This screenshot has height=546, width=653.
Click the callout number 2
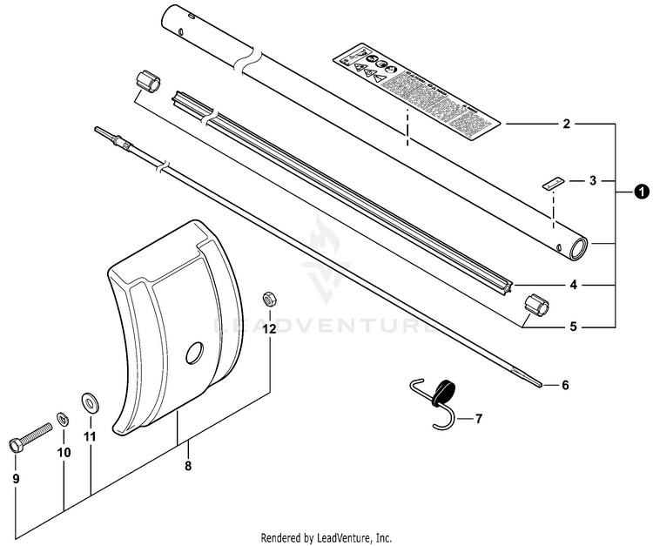(566, 125)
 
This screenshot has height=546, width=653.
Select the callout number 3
(592, 181)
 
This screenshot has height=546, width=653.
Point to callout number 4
(572, 285)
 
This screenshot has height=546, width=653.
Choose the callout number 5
(572, 328)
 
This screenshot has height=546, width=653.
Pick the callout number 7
(477, 419)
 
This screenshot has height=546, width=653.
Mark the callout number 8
(188, 466)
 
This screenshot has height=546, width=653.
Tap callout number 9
(16, 478)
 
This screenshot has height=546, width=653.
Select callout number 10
(64, 452)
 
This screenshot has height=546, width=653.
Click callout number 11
(90, 436)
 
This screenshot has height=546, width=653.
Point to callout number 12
(269, 329)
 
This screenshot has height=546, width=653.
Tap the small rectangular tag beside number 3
(550, 182)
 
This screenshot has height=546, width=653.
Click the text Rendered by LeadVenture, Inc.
(326, 537)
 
